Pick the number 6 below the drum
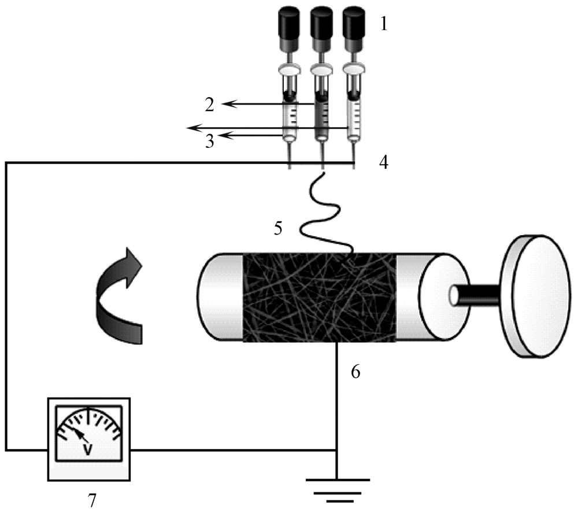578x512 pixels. click(355, 372)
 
